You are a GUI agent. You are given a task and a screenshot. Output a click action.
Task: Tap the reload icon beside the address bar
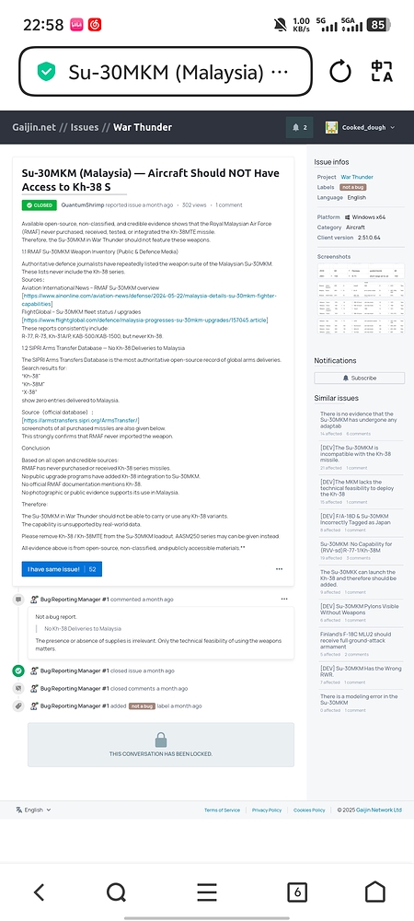(x=339, y=72)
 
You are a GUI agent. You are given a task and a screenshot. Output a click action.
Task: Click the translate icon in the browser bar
(x=382, y=72)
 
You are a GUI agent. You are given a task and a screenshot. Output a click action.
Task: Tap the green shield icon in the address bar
(x=45, y=72)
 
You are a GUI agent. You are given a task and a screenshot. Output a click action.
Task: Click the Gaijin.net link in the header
(x=33, y=127)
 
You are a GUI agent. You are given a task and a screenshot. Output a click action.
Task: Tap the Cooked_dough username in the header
(x=363, y=127)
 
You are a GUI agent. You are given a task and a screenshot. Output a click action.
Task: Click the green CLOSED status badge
(x=39, y=204)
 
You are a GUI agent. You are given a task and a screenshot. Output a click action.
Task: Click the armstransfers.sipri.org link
(x=81, y=420)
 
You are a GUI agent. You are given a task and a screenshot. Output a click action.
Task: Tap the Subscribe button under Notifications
(x=358, y=378)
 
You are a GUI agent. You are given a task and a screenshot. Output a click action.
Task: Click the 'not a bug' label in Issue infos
(x=352, y=186)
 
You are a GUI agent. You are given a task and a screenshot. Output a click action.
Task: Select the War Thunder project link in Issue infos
(x=357, y=176)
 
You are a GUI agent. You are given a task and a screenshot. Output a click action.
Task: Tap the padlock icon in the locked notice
(x=161, y=740)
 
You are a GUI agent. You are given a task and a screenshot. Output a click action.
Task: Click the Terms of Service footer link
(x=222, y=810)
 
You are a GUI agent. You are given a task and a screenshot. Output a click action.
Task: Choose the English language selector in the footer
(x=33, y=810)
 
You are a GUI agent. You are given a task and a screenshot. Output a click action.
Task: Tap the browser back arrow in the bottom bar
(x=39, y=892)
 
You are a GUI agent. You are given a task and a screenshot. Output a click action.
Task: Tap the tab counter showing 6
(x=296, y=892)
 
